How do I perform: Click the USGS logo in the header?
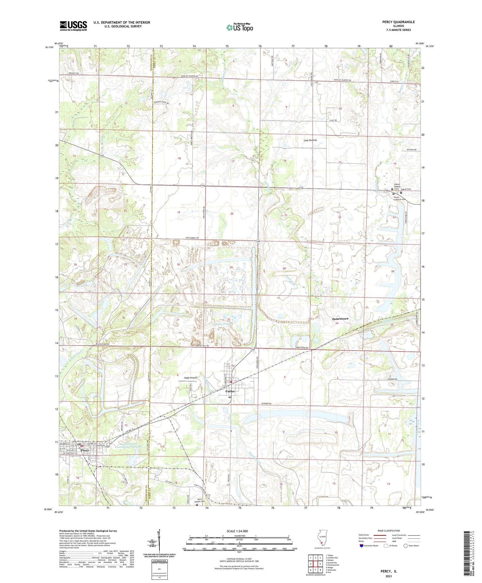[73, 26]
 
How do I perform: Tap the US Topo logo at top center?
[239, 27]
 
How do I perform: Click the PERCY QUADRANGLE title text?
[398, 22]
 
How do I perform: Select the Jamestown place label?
[340, 318]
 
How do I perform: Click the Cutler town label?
[230, 391]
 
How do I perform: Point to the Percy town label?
[85, 450]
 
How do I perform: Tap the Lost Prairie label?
[310, 140]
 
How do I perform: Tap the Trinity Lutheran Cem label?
[399, 198]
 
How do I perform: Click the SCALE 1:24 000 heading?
[239, 531]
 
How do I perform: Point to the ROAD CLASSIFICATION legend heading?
[389, 531]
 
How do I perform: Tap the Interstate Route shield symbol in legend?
[362, 546]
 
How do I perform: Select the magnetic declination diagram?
[158, 541]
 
